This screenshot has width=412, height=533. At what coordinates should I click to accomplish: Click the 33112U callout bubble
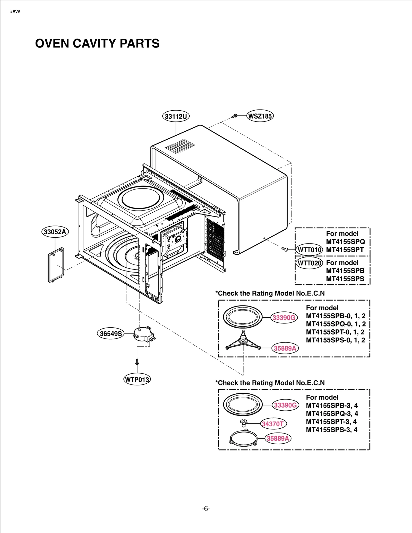pyautogui.click(x=176, y=116)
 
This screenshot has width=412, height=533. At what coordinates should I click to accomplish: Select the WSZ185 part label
pyautogui.click(x=260, y=116)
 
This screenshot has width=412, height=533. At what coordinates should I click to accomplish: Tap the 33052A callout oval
pyautogui.click(x=55, y=232)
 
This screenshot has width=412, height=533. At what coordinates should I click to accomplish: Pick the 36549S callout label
pyautogui.click(x=111, y=333)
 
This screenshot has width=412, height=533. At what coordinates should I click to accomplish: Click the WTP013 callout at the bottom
pyautogui.click(x=137, y=380)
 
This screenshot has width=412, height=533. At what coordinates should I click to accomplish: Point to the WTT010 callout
pyautogui.click(x=309, y=250)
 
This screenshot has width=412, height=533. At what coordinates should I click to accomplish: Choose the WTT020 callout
pyautogui.click(x=309, y=263)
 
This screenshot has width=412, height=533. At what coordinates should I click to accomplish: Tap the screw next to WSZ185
pyautogui.click(x=234, y=116)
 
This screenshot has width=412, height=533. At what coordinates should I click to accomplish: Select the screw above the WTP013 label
pyautogui.click(x=137, y=362)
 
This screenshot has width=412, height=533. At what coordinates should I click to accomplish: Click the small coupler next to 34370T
pyautogui.click(x=243, y=423)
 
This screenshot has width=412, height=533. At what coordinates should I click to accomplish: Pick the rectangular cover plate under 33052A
pyautogui.click(x=56, y=265)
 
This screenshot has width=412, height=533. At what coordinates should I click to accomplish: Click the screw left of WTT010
pyautogui.click(x=285, y=249)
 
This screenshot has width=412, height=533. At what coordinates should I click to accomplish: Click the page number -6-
pyautogui.click(x=206, y=509)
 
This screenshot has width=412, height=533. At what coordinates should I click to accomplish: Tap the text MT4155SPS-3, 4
pyautogui.click(x=331, y=430)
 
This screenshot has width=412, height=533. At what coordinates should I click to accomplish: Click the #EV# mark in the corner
pyautogui.click(x=15, y=12)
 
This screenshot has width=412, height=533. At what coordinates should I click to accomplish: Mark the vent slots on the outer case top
pyautogui.click(x=180, y=146)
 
